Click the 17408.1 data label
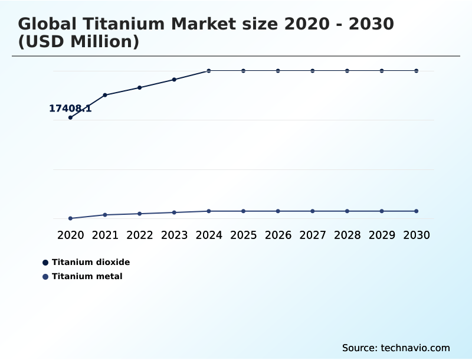click(x=70, y=109)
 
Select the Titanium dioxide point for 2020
click(x=70, y=117)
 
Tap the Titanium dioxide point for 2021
click(x=105, y=95)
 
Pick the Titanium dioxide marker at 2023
click(x=174, y=80)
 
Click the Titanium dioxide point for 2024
click(x=209, y=71)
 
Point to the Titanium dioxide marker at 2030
click(x=417, y=71)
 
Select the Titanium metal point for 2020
click(x=70, y=218)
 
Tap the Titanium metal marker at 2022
click(x=140, y=214)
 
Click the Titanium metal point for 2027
click(x=313, y=211)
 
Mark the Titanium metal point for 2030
click(x=417, y=211)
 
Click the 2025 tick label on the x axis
click(x=243, y=235)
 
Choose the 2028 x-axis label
click(x=347, y=235)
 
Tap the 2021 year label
click(x=105, y=235)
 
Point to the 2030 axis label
click(x=417, y=235)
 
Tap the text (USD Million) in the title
click(x=78, y=42)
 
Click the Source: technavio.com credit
click(x=396, y=348)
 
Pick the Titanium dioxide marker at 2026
click(x=278, y=71)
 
